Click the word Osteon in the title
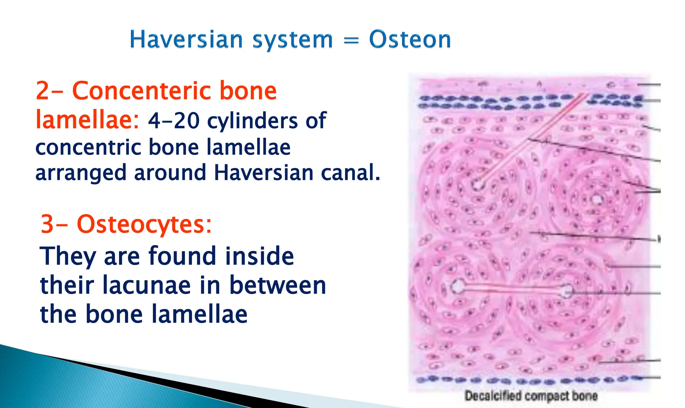pos(410,40)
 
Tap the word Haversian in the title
pos(186,40)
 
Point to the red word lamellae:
pos(87,120)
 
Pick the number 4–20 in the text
pos(174,121)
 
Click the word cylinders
pos(253,121)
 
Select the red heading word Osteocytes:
pos(144,224)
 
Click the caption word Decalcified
pos(493,396)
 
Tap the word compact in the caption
pos(547,396)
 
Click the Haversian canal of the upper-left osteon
pos(478,184)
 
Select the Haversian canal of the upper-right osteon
pos(597,200)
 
